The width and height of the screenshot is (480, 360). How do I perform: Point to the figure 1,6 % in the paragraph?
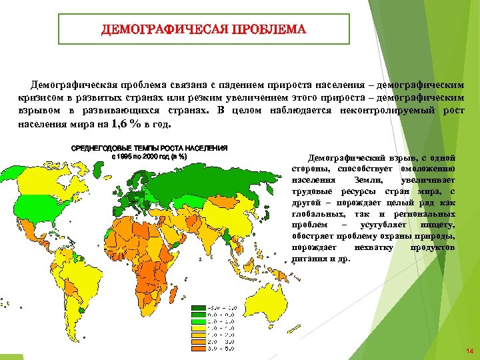126,125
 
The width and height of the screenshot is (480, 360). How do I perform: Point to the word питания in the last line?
308,259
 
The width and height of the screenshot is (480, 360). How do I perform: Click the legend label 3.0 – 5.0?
221,348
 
